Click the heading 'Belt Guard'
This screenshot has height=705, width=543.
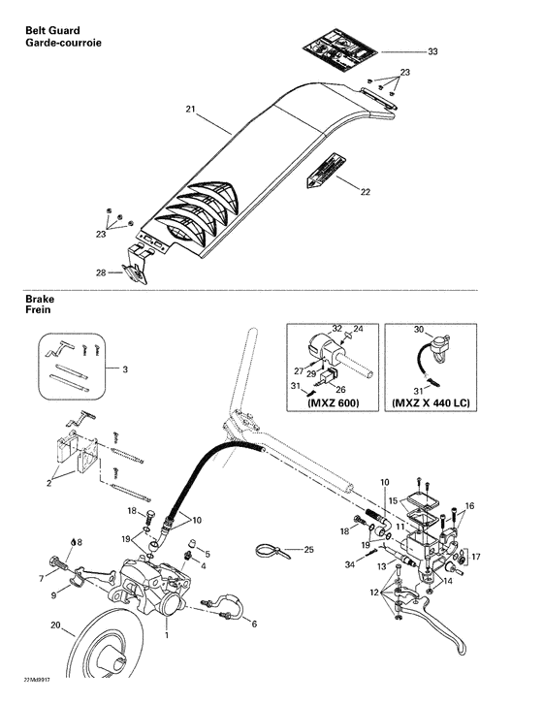tap(54, 33)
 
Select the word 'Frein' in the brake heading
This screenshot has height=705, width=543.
tap(40, 312)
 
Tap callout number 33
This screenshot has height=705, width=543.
tap(432, 50)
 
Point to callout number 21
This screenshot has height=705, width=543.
tap(190, 110)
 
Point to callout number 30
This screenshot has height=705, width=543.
tap(419, 331)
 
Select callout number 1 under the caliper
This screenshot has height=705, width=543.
tap(166, 636)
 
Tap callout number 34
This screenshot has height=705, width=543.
tap(348, 563)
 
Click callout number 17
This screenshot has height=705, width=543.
tap(475, 557)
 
